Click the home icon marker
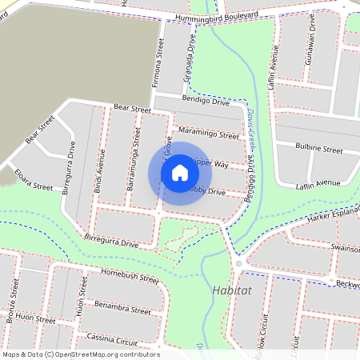(180, 173)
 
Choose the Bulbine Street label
(318, 149)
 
